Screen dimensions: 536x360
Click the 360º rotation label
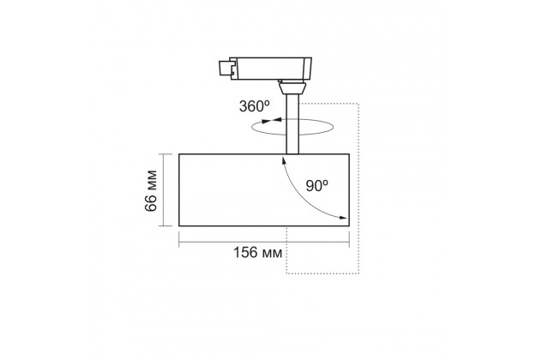pos(255,106)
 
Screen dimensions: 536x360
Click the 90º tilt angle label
pos(316,185)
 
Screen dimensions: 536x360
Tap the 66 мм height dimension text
pos(151,190)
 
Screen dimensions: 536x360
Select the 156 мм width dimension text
pos(258,252)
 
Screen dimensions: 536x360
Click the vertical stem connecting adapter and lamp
pos(292,124)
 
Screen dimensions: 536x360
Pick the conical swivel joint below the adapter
pos(292,88)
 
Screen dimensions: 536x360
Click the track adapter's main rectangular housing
pos(270,69)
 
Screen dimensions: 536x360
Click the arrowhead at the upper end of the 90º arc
pos(283,159)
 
